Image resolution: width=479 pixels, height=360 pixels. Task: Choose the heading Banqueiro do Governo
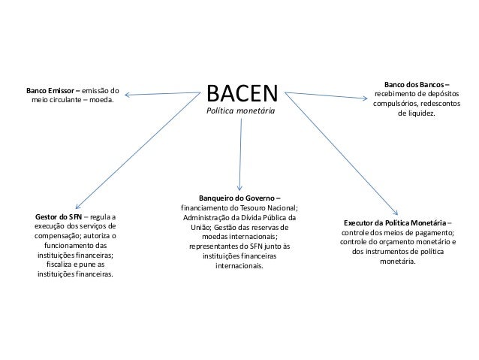[x=238, y=198]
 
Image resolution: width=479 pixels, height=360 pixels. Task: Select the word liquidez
[x=416, y=113]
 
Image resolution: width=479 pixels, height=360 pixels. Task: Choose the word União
[x=204, y=227]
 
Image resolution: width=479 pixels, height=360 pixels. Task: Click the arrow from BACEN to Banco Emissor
[x=161, y=95]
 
